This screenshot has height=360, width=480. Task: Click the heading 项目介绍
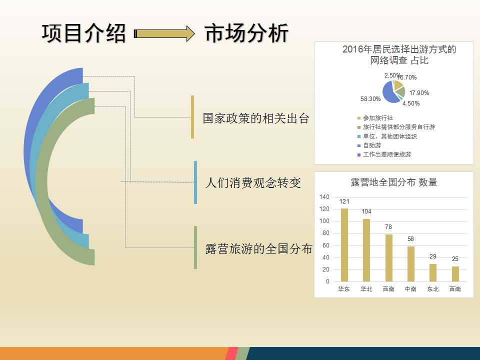(83, 33)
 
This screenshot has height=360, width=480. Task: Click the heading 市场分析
(246, 33)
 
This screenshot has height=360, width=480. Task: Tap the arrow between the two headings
(164, 33)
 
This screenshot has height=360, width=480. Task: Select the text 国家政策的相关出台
(256, 118)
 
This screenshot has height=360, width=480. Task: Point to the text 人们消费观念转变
(253, 183)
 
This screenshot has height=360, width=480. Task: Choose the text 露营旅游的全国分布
(258, 248)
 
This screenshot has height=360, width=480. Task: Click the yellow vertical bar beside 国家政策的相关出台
(192, 117)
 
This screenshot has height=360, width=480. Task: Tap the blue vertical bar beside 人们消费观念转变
(195, 182)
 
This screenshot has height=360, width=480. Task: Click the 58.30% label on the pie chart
(370, 99)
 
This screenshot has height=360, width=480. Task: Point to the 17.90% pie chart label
(419, 93)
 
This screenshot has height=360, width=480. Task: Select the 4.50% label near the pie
(411, 103)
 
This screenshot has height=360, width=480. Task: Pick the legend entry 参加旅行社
(375, 118)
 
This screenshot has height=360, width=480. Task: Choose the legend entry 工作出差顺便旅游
(384, 154)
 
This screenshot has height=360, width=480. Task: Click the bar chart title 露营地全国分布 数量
(393, 182)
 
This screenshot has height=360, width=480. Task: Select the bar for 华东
(344, 245)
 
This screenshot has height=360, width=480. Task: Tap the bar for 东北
(433, 273)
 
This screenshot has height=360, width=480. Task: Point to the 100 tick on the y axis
(324, 221)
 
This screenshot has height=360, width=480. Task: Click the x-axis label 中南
(410, 289)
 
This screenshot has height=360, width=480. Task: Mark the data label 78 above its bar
(388, 227)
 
